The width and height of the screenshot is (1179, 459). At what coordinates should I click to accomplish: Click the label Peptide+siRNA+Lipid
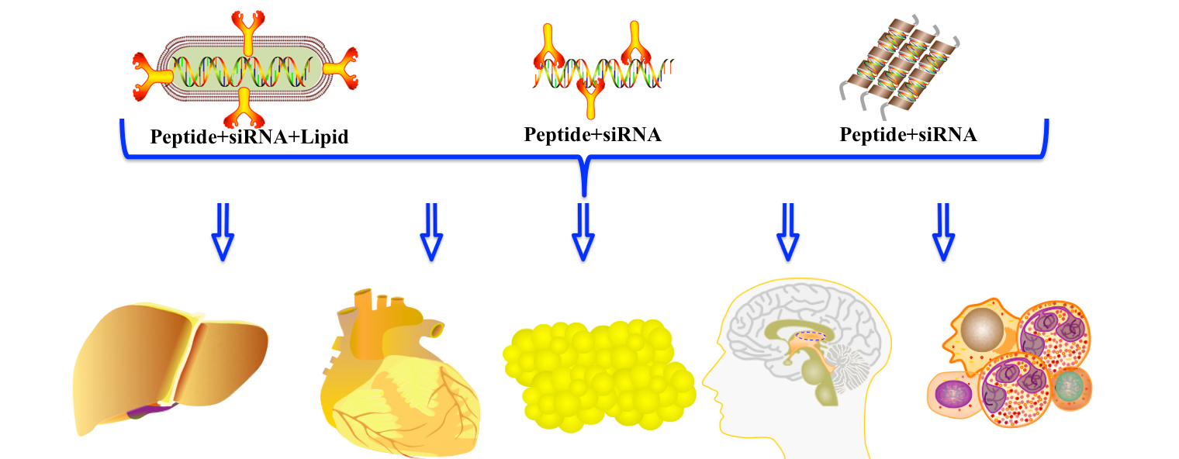click(x=249, y=138)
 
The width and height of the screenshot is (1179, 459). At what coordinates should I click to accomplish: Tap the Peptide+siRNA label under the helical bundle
click(x=908, y=135)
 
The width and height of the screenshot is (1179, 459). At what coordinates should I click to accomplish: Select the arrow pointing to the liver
click(x=223, y=231)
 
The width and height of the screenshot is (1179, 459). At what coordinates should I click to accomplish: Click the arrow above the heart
click(x=431, y=231)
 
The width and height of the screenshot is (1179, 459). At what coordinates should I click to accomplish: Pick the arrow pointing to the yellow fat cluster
click(x=583, y=231)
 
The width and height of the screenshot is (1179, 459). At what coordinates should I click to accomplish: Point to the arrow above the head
click(x=789, y=231)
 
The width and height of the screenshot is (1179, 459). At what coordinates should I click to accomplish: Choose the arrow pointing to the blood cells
click(x=942, y=231)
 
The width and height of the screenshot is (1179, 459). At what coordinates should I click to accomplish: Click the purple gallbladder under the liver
click(x=147, y=410)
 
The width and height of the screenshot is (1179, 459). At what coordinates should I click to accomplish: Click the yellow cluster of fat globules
click(x=599, y=375)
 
